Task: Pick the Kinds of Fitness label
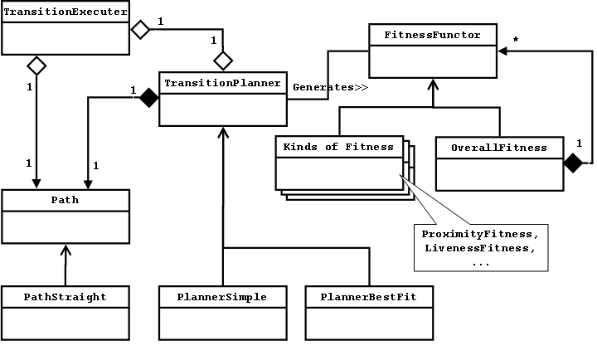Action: [x=338, y=147]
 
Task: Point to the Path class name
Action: [x=66, y=200]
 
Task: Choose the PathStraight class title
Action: [x=66, y=296]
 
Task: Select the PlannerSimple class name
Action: [x=222, y=296]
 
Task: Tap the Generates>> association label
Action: [x=330, y=86]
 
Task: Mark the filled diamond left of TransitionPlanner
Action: [x=148, y=98]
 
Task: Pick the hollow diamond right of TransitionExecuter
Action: [x=141, y=30]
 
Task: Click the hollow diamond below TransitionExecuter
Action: [x=36, y=64]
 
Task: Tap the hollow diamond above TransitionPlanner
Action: [x=222, y=60]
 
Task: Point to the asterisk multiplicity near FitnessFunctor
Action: [x=516, y=39]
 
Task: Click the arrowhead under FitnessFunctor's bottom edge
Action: [x=433, y=83]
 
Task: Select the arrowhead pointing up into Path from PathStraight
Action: [x=66, y=249]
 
